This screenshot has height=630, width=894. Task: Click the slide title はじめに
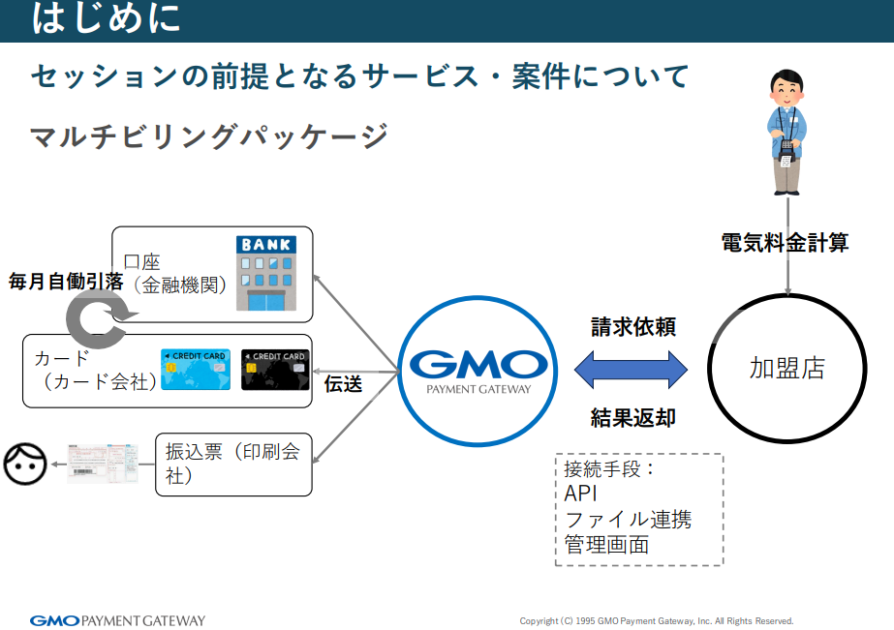[107, 18]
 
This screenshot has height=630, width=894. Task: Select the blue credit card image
[196, 370]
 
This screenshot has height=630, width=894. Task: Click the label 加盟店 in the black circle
[786, 369]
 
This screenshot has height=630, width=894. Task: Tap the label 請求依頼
[632, 327]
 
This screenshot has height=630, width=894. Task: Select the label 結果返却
[632, 418]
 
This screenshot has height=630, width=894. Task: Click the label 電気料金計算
[785, 243]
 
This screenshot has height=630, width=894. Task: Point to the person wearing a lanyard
[786, 131]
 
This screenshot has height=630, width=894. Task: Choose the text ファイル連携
[628, 520]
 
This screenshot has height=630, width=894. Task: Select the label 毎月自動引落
[66, 283]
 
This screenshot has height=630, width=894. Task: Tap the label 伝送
[343, 384]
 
